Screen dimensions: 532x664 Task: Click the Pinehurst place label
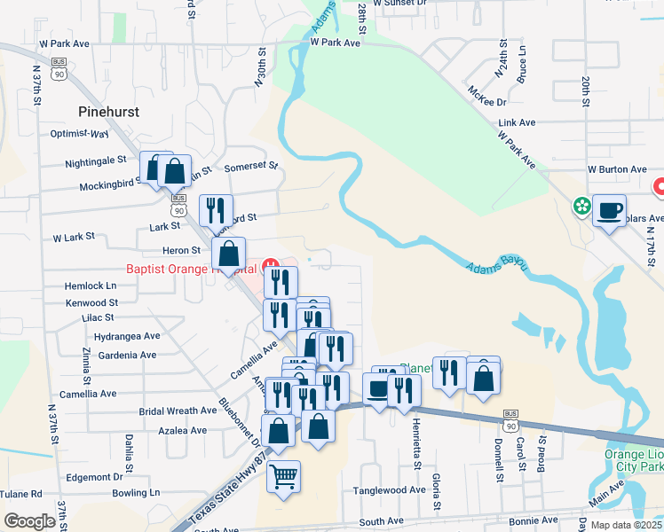(110, 112)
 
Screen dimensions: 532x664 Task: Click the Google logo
(29, 520)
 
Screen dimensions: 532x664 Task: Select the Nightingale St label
(96, 161)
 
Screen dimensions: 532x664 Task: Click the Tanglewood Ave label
(390, 489)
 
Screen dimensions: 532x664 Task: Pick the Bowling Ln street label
(136, 492)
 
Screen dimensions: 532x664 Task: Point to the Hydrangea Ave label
(126, 336)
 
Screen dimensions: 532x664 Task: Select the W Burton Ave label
(617, 168)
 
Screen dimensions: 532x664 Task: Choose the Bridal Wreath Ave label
(178, 411)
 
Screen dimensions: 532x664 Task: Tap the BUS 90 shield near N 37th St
(59, 70)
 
